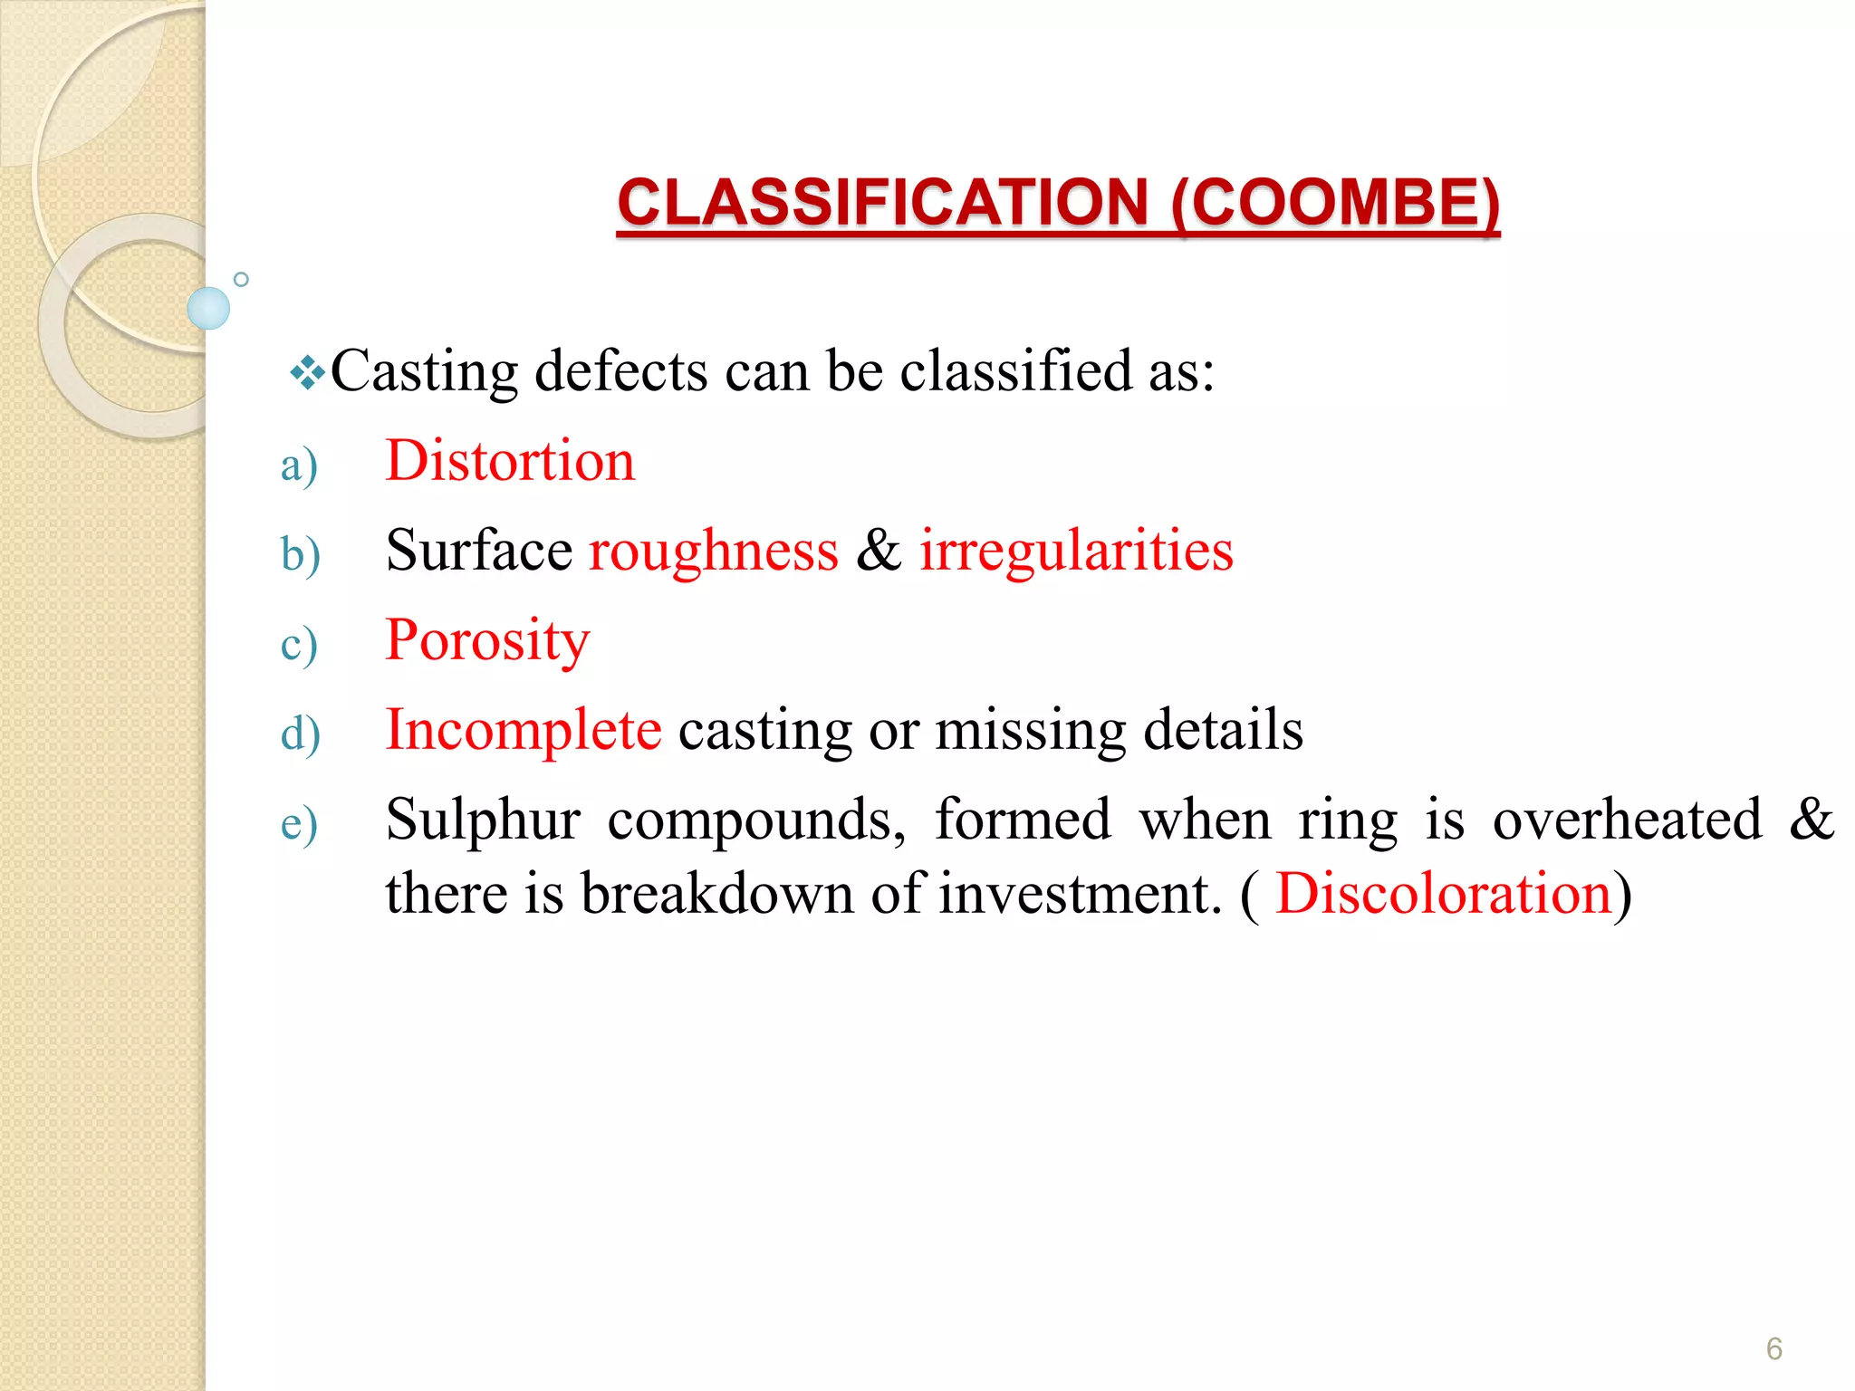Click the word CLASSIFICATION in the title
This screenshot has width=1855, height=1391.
(x=883, y=202)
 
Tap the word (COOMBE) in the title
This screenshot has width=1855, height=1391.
(x=1335, y=202)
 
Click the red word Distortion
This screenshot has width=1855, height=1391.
(x=510, y=461)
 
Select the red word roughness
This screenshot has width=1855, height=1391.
(x=714, y=551)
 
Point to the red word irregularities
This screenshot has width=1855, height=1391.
(x=1076, y=551)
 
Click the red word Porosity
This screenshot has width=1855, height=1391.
(x=487, y=640)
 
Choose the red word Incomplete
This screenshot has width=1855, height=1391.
(x=524, y=730)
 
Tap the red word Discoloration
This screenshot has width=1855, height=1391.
(x=1444, y=894)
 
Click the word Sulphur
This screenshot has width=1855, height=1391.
(x=483, y=820)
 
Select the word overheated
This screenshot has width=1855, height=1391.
(x=1627, y=820)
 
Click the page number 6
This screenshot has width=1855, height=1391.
(x=1773, y=1348)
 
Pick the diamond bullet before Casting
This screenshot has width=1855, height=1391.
(x=308, y=373)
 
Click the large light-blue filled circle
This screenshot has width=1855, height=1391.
(x=208, y=308)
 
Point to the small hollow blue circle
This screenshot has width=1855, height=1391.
(x=241, y=280)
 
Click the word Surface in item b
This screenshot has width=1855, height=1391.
(x=478, y=551)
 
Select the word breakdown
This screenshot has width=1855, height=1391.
(x=716, y=894)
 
